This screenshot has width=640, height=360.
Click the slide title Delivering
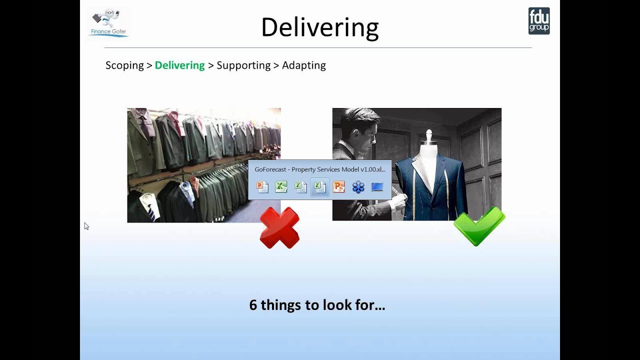(319, 27)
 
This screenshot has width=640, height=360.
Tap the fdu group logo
(539, 21)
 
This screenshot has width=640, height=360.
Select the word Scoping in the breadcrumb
(124, 65)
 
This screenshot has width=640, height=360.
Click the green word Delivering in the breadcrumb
(179, 65)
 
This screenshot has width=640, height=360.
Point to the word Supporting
(243, 65)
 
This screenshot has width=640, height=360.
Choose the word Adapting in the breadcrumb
(303, 65)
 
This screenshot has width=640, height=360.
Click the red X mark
(279, 227)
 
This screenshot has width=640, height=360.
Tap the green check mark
(479, 226)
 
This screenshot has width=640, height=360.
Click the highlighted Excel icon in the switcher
(319, 187)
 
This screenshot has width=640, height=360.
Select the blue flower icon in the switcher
(358, 187)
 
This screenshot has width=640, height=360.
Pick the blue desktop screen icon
(377, 187)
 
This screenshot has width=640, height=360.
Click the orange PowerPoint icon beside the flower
(338, 187)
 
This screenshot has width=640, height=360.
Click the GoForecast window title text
(319, 169)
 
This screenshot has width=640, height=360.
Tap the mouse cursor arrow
(86, 226)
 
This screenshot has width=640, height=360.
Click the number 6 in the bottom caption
(253, 305)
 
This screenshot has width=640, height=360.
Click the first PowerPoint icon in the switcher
(262, 187)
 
